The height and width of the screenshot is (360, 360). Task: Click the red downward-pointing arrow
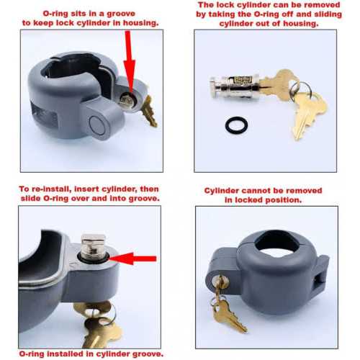pos(129,63)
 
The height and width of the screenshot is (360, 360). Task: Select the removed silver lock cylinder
pos(235,86)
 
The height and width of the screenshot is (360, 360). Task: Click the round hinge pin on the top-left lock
pos(97,125)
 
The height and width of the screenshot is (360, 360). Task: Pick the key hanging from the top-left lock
pos(149,111)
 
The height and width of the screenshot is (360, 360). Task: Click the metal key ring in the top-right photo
pos(300,91)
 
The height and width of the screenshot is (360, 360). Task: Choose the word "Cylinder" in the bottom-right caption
pos(221,191)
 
